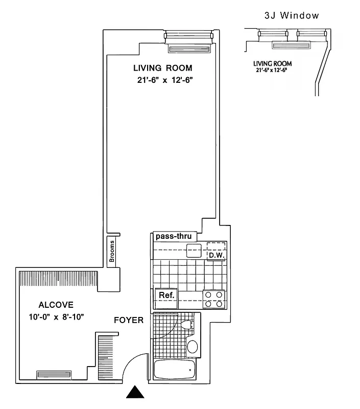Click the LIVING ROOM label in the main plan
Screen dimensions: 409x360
tap(162, 68)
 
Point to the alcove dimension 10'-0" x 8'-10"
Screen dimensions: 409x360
tap(56, 317)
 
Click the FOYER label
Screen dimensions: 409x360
tap(128, 321)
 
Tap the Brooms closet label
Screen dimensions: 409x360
tap(111, 251)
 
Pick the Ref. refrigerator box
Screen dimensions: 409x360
tap(166, 296)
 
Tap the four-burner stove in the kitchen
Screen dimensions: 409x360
tap(214, 299)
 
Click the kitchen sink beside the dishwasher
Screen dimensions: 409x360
tap(194, 251)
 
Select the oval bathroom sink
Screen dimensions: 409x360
tap(193, 347)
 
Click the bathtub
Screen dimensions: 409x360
tap(175, 369)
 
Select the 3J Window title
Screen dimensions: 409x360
tap(292, 16)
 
